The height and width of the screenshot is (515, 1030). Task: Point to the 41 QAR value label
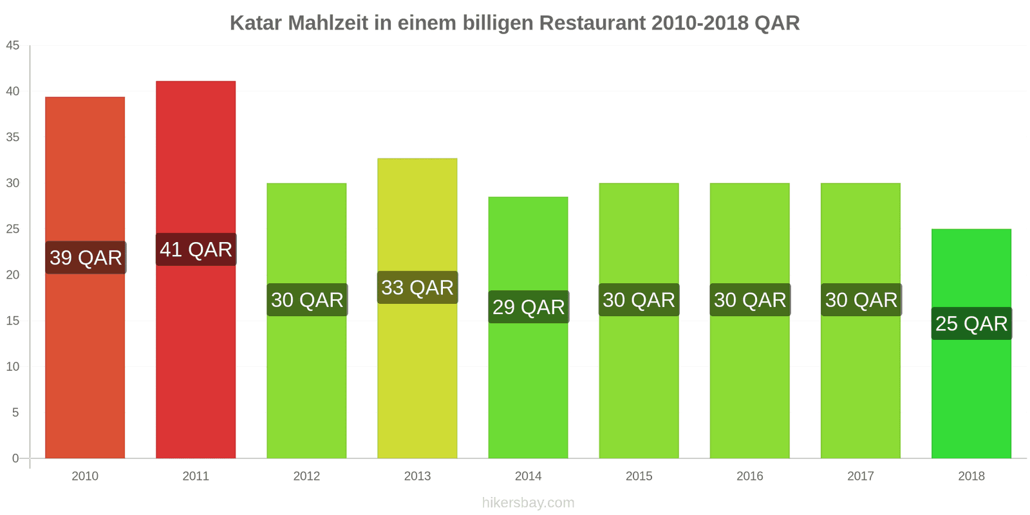[196, 250]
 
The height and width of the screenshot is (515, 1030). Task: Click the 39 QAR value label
[86, 257]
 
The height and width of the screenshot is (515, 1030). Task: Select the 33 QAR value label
[417, 288]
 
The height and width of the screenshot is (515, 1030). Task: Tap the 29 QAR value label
[529, 307]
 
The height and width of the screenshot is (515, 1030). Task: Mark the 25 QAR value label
[971, 323]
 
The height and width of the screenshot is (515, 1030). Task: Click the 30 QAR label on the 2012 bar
[307, 300]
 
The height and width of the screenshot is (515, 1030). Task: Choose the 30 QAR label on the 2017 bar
[861, 300]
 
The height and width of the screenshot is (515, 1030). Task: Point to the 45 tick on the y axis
[13, 46]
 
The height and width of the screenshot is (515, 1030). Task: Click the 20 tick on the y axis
[13, 275]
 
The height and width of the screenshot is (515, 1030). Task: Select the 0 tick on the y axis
[15, 458]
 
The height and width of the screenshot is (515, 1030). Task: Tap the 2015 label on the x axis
[639, 476]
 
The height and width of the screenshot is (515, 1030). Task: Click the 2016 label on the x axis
[750, 476]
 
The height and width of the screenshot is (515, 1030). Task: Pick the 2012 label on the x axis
[306, 476]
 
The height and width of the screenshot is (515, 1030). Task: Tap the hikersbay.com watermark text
[528, 503]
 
